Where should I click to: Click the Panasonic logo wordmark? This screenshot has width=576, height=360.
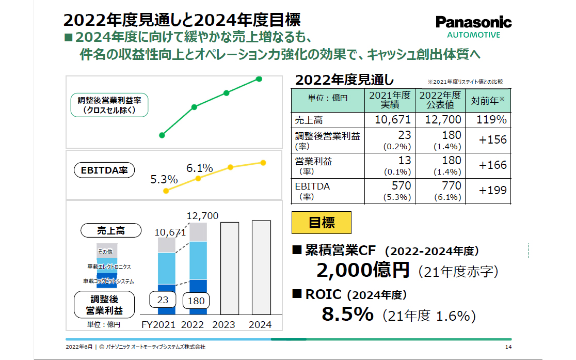tap(473, 22)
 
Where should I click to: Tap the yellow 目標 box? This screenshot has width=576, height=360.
tap(322, 223)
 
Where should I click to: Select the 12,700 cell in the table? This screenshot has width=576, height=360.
tap(440, 120)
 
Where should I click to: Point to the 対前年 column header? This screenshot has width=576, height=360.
tap(488, 101)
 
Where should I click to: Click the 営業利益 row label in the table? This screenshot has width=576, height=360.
tap(314, 161)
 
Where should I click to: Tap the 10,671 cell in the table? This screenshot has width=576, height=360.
tap(390, 120)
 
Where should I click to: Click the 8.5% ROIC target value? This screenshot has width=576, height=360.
tap(347, 314)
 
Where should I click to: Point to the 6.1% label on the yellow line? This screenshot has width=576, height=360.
tap(200, 168)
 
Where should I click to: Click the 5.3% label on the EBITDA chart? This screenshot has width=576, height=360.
tap(164, 180)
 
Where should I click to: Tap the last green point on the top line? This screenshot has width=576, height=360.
tap(259, 79)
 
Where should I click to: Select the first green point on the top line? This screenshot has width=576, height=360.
tap(162, 135)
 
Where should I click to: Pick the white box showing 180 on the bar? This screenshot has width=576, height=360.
tap(197, 301)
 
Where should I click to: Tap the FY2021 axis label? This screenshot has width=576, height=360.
tap(158, 324)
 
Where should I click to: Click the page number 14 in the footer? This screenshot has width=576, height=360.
tap(508, 347)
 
